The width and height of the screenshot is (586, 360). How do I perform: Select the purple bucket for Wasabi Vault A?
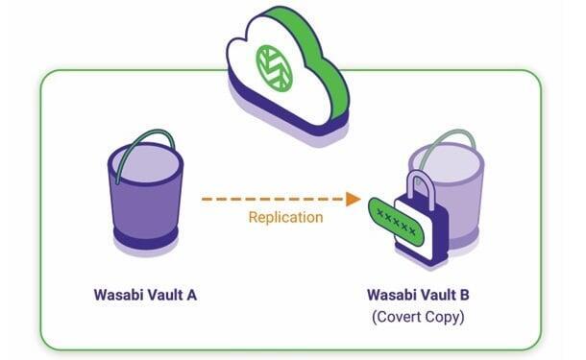[144, 192]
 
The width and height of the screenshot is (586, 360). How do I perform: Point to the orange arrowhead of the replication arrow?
[354, 199]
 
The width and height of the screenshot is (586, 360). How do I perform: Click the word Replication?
[285, 217]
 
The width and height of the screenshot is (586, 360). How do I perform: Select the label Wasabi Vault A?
[145, 294]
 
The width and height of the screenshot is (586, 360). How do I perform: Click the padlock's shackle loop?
[424, 187]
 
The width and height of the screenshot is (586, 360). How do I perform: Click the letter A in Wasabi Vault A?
[192, 294]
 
